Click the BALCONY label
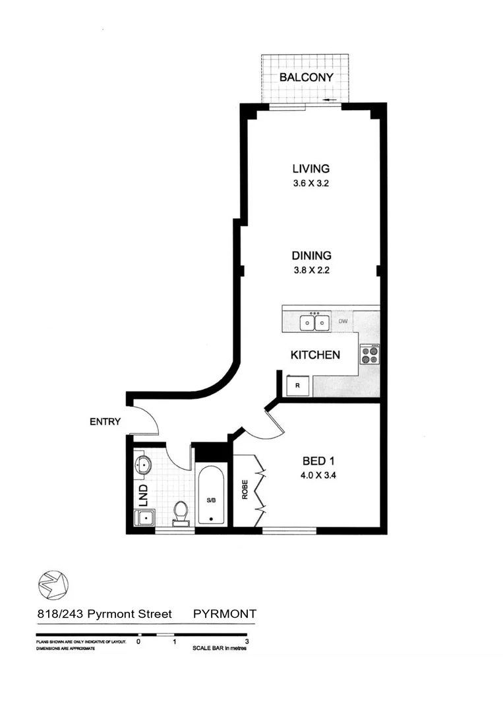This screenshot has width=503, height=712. pos(306,77)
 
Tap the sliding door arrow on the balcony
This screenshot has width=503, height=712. pos(330,100)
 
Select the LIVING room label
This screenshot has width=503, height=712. pos(311,169)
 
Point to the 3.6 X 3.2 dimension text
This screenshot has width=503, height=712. pos(311,184)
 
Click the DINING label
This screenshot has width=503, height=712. pos(312,256)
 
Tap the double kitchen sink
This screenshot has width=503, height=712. pos(314,322)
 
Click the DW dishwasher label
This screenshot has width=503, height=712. pos(343,322)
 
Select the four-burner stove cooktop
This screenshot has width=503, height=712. pos(370,355)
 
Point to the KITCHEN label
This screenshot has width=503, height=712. pos(315,355)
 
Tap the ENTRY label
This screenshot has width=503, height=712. pos(105,421)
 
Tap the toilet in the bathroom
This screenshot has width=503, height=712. pos(180,512)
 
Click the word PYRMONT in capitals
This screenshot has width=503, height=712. pos(224,614)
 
